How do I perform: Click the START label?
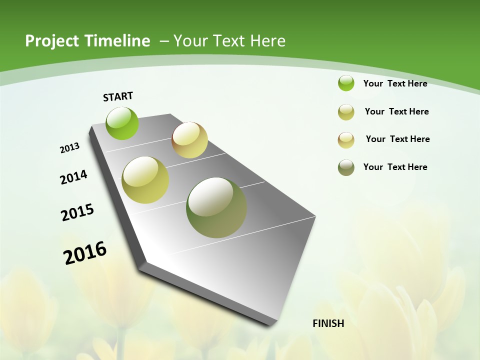click(118, 96)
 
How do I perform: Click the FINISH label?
click(328, 323)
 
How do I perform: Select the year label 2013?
click(70, 148)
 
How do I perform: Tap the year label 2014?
click(74, 177)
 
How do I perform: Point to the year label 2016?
click(85, 252)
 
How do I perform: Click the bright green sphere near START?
click(122, 123)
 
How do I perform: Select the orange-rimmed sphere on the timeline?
click(189, 140)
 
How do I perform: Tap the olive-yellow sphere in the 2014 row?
click(145, 180)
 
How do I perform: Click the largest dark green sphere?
click(216, 207)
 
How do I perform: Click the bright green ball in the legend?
click(346, 83)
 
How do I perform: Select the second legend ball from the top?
click(346, 112)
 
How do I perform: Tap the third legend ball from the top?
click(346, 140)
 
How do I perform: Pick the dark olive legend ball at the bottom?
click(346, 167)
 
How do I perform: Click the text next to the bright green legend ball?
click(395, 83)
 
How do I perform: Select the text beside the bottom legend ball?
click(395, 167)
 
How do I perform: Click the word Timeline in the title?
click(118, 41)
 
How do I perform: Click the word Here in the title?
click(267, 41)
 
